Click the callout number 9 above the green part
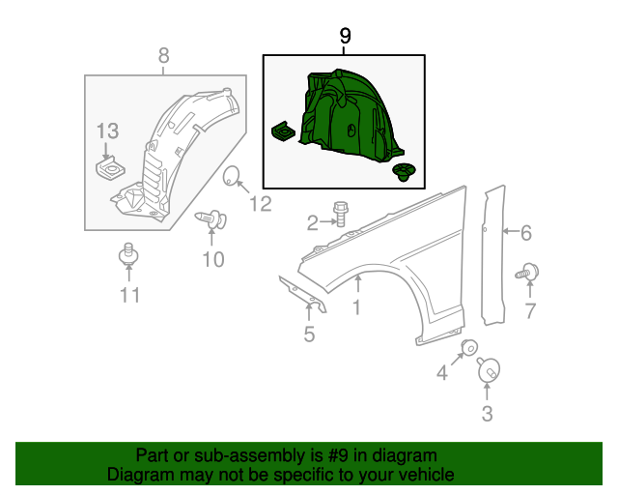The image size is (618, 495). (x=345, y=37)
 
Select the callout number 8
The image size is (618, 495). (x=163, y=55)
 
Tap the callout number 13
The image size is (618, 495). (x=107, y=131)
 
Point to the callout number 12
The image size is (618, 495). (x=262, y=203)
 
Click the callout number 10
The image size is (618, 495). (x=212, y=259)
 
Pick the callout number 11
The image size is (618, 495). (x=129, y=295)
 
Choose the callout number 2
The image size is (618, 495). (x=312, y=224)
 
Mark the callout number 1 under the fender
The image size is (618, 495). (x=356, y=307)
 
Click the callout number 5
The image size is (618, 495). (x=309, y=335)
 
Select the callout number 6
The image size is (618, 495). (x=525, y=232)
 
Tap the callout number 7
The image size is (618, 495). (x=529, y=309)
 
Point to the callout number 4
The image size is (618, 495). (x=441, y=372)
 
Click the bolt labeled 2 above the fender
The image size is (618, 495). (x=340, y=214)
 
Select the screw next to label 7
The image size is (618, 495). (x=528, y=273)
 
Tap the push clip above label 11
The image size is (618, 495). (x=127, y=256)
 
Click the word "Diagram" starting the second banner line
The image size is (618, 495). (x=138, y=475)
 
